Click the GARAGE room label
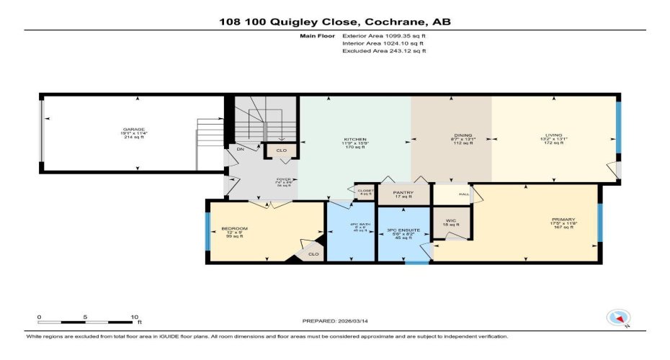click(133, 129)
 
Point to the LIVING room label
click(553, 135)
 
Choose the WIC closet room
click(451, 221)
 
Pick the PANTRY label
click(403, 193)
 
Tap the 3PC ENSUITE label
click(403, 230)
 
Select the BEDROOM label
click(234, 229)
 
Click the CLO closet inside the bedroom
click(313, 253)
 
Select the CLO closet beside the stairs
click(280, 151)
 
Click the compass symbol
click(618, 317)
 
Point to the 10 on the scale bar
click(134, 316)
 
